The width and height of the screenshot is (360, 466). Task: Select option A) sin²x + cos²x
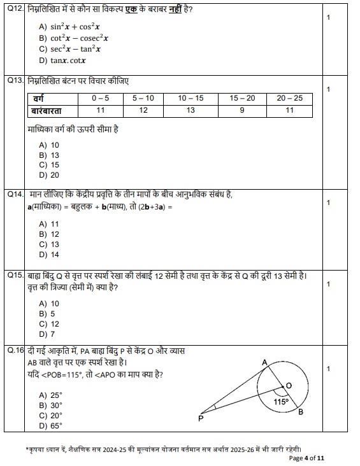click(69, 27)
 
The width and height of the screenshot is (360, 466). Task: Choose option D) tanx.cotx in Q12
click(62, 60)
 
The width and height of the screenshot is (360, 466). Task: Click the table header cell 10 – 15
click(191, 99)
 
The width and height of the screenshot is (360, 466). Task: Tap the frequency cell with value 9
click(242, 111)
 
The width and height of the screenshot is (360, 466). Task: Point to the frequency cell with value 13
click(191, 111)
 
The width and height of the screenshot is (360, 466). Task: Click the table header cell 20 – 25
click(290, 99)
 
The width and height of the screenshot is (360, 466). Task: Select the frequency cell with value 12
click(143, 111)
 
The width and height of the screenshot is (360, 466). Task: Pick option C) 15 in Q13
click(49, 165)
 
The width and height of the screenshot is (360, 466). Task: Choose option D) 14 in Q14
click(49, 255)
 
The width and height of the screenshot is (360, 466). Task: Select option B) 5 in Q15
click(47, 314)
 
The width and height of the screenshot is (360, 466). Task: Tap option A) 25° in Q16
click(51, 395)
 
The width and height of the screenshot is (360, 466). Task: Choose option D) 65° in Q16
click(51, 426)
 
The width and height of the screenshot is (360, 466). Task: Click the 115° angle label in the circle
click(281, 402)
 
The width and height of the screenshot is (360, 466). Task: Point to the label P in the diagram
click(201, 418)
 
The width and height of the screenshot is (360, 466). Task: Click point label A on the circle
click(265, 362)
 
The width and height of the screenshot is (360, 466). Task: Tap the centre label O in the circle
click(289, 386)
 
